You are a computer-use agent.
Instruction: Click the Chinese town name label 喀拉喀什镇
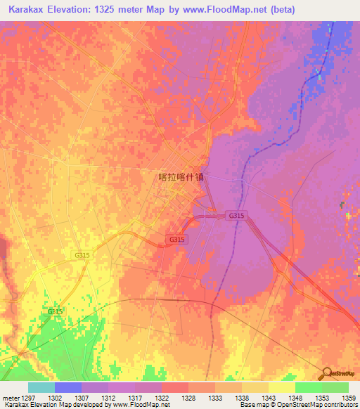[181, 178]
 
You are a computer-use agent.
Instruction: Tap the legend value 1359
[349, 398]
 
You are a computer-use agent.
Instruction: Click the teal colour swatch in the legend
[41, 387]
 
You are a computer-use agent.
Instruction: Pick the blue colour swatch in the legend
[68, 387]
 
